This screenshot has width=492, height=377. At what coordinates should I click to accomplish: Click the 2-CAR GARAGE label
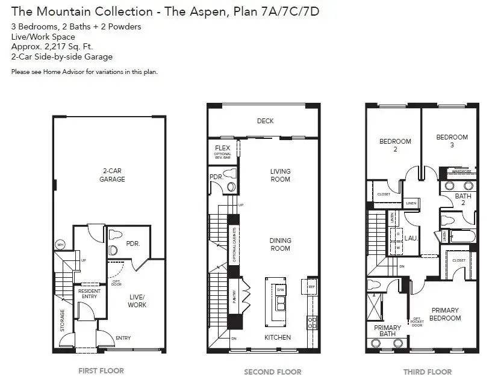tap(112, 175)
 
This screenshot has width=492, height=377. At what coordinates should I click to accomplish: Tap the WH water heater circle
tap(60, 245)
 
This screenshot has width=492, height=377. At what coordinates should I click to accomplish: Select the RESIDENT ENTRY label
tap(90, 294)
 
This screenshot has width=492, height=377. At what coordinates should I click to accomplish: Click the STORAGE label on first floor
tap(62, 321)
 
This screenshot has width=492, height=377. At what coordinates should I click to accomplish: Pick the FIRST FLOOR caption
tap(101, 370)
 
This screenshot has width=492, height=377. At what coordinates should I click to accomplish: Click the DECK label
tap(265, 121)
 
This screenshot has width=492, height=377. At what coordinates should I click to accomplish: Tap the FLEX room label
tap(222, 148)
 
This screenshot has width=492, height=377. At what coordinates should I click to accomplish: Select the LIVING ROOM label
tap(280, 175)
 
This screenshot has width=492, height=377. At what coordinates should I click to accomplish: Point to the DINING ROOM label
tap(280, 244)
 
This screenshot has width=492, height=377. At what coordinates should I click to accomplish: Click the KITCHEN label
tap(278, 337)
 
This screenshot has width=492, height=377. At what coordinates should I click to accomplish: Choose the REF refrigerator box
tap(311, 287)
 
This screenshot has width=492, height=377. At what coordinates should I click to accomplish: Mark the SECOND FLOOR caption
tap(273, 371)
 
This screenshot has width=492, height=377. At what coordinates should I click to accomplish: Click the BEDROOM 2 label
tap(395, 145)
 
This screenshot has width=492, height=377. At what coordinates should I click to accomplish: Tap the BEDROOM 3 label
tap(452, 141)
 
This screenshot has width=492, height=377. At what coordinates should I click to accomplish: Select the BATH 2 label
tap(462, 200)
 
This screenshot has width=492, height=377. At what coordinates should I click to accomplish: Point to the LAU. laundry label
tap(411, 238)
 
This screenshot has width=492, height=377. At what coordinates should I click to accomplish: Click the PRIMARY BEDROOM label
tap(446, 314)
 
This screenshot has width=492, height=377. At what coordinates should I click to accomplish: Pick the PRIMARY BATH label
tap(387, 331)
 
